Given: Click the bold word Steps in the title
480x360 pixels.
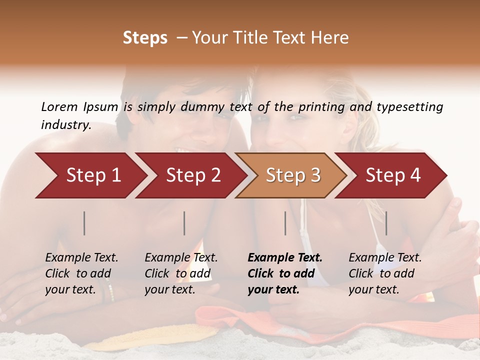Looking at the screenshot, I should pyautogui.click(x=145, y=38).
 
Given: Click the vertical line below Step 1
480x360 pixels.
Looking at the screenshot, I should pyautogui.click(x=84, y=223).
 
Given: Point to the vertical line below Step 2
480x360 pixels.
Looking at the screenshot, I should pyautogui.click(x=184, y=223).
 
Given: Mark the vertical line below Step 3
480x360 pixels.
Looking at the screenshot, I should pyautogui.click(x=285, y=223).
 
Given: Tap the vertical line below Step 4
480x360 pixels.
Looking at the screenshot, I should pyautogui.click(x=386, y=223).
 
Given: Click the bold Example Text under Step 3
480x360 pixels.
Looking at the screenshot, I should pyautogui.click(x=285, y=273).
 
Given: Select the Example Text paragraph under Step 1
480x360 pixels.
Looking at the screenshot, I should pyautogui.click(x=81, y=273).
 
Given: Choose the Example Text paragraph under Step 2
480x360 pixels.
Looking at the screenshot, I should pyautogui.click(x=181, y=273).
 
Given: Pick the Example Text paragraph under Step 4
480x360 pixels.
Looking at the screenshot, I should pyautogui.click(x=385, y=273).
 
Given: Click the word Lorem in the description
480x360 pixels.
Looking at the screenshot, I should pyautogui.click(x=59, y=107).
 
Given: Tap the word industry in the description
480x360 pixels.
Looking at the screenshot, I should pyautogui.click(x=65, y=125).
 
